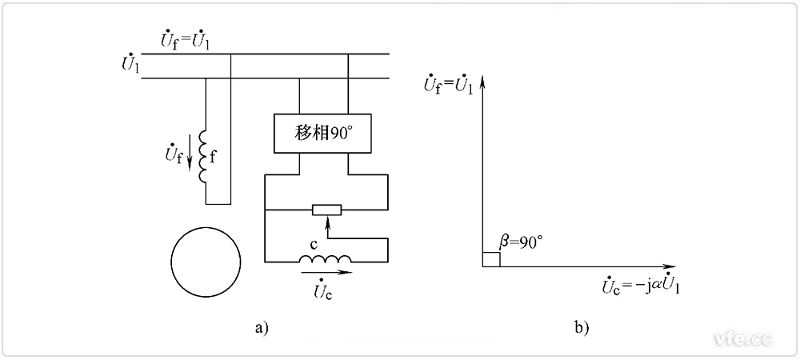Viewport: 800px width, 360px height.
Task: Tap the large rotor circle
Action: (x=206, y=261)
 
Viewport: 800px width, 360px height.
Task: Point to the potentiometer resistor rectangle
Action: (x=326, y=210)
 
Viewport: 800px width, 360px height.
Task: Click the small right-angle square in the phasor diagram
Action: (x=491, y=259)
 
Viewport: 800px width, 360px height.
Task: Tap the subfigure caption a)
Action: (x=261, y=327)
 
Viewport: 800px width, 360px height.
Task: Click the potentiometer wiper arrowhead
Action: (x=326, y=219)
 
